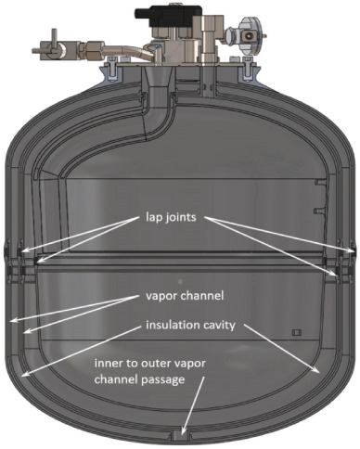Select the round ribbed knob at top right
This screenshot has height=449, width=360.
pyautogui.click(x=248, y=35)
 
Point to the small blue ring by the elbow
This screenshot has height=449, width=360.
pyautogui.click(x=159, y=47)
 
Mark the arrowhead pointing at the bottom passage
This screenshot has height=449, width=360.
pyautogui.click(x=185, y=432)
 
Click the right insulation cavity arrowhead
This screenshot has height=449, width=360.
pyautogui.click(x=316, y=369)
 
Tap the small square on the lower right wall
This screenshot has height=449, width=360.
pyautogui.click(x=297, y=332)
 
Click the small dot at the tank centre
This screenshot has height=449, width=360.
pyautogui.click(x=180, y=281)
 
